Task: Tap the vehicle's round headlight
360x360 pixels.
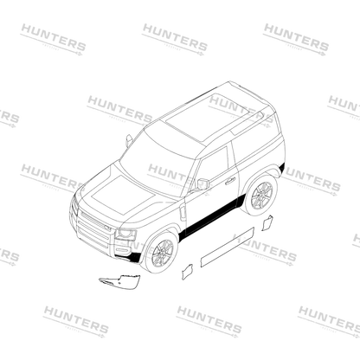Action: [125, 234]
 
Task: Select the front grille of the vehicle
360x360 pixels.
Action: [93, 231]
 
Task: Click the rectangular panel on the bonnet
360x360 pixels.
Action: [123, 194]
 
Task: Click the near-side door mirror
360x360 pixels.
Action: [202, 184]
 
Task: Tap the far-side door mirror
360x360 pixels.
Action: [129, 140]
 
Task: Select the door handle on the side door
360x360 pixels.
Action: [230, 181]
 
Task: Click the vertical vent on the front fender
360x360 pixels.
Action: [183, 212]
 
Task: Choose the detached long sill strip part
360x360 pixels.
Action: [228, 247]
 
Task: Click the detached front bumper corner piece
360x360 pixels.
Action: [119, 280]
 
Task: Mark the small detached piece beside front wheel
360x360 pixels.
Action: [187, 272]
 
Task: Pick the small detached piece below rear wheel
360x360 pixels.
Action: [267, 223]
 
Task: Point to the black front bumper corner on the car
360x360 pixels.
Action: [133, 256]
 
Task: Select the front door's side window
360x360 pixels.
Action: [213, 166]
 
